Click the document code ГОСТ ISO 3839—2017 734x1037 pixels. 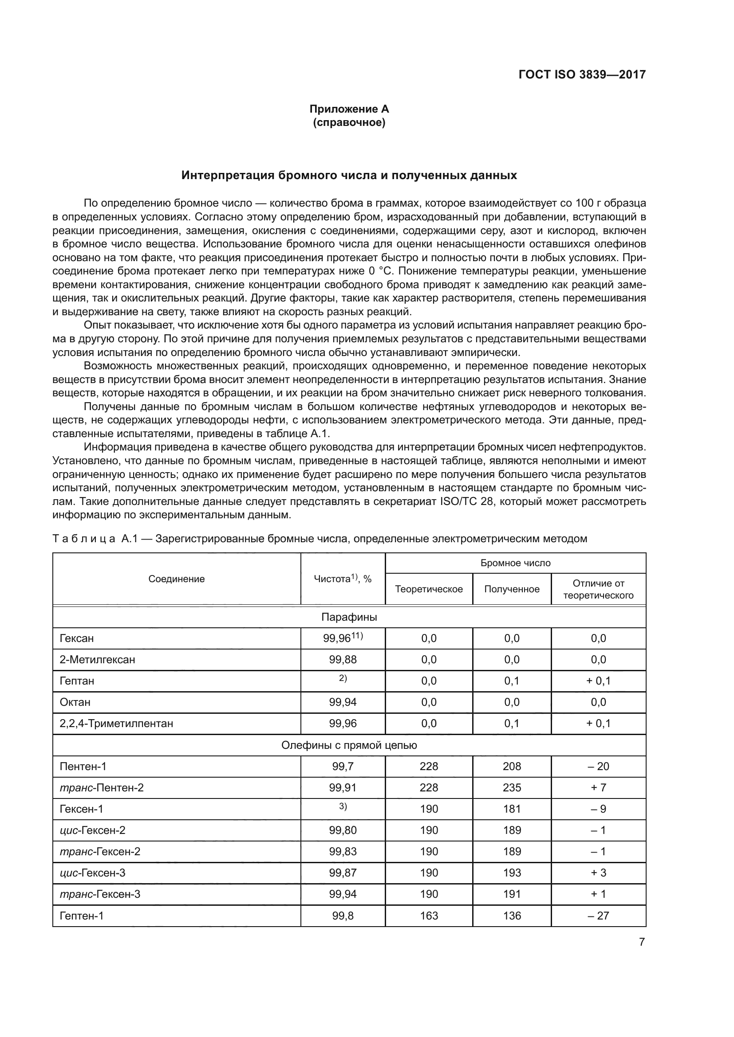coord(582,74)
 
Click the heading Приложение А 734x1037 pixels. coord(349,110)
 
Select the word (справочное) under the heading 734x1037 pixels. coord(349,123)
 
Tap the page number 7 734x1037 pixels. coord(641,942)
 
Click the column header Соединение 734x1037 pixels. coord(176,579)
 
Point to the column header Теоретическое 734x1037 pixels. coord(429,589)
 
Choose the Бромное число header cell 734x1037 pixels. coord(515,563)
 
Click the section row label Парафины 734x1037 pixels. coord(349,617)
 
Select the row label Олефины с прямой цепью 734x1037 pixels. coord(349,745)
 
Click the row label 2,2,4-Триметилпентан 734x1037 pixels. coord(116,724)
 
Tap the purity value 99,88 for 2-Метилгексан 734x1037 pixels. coord(343,659)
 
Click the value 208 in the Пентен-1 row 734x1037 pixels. coord(512,767)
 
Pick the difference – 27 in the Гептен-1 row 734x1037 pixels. coord(598,916)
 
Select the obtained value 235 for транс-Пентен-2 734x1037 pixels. coord(512,788)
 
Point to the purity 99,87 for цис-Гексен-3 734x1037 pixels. coord(343,873)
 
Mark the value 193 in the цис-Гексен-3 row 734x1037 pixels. coord(512,873)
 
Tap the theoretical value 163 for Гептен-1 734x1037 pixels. coord(429,916)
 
